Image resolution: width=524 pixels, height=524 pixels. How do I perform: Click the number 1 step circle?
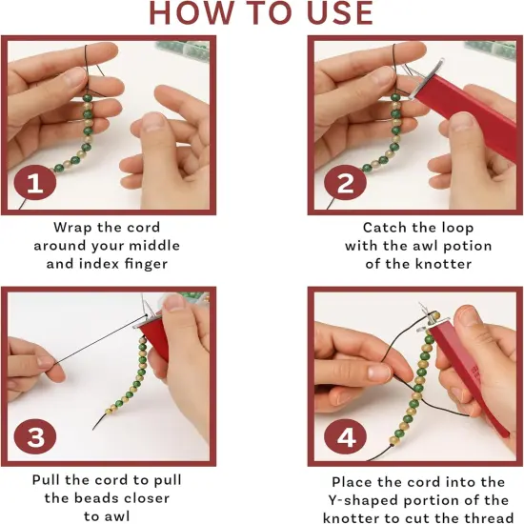pos(35,185)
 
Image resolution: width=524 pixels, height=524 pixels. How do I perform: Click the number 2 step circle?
pos(343,185)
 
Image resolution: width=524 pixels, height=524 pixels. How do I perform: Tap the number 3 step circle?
pos(35,437)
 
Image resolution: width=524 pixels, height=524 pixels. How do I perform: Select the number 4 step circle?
pos(345,437)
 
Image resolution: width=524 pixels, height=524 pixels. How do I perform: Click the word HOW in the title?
pos(188,13)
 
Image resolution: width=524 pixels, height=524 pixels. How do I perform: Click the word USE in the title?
pos(336,13)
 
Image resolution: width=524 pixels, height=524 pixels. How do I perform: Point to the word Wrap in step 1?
pos(74,228)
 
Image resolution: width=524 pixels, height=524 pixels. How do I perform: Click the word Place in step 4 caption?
pos(353,482)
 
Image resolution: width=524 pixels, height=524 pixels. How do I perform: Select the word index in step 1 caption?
pos(97,263)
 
